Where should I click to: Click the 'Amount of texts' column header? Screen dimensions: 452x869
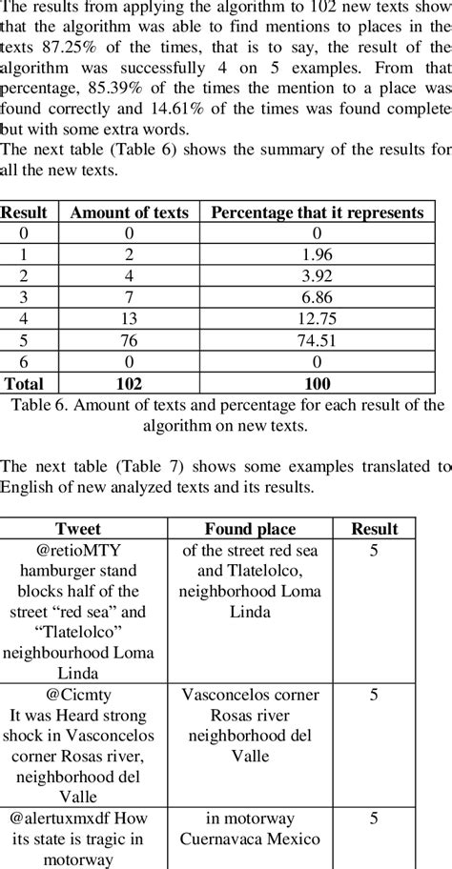click(x=129, y=213)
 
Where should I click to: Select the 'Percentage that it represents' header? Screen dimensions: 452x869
click(x=317, y=213)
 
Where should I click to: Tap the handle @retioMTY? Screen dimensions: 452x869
click(x=83, y=550)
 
